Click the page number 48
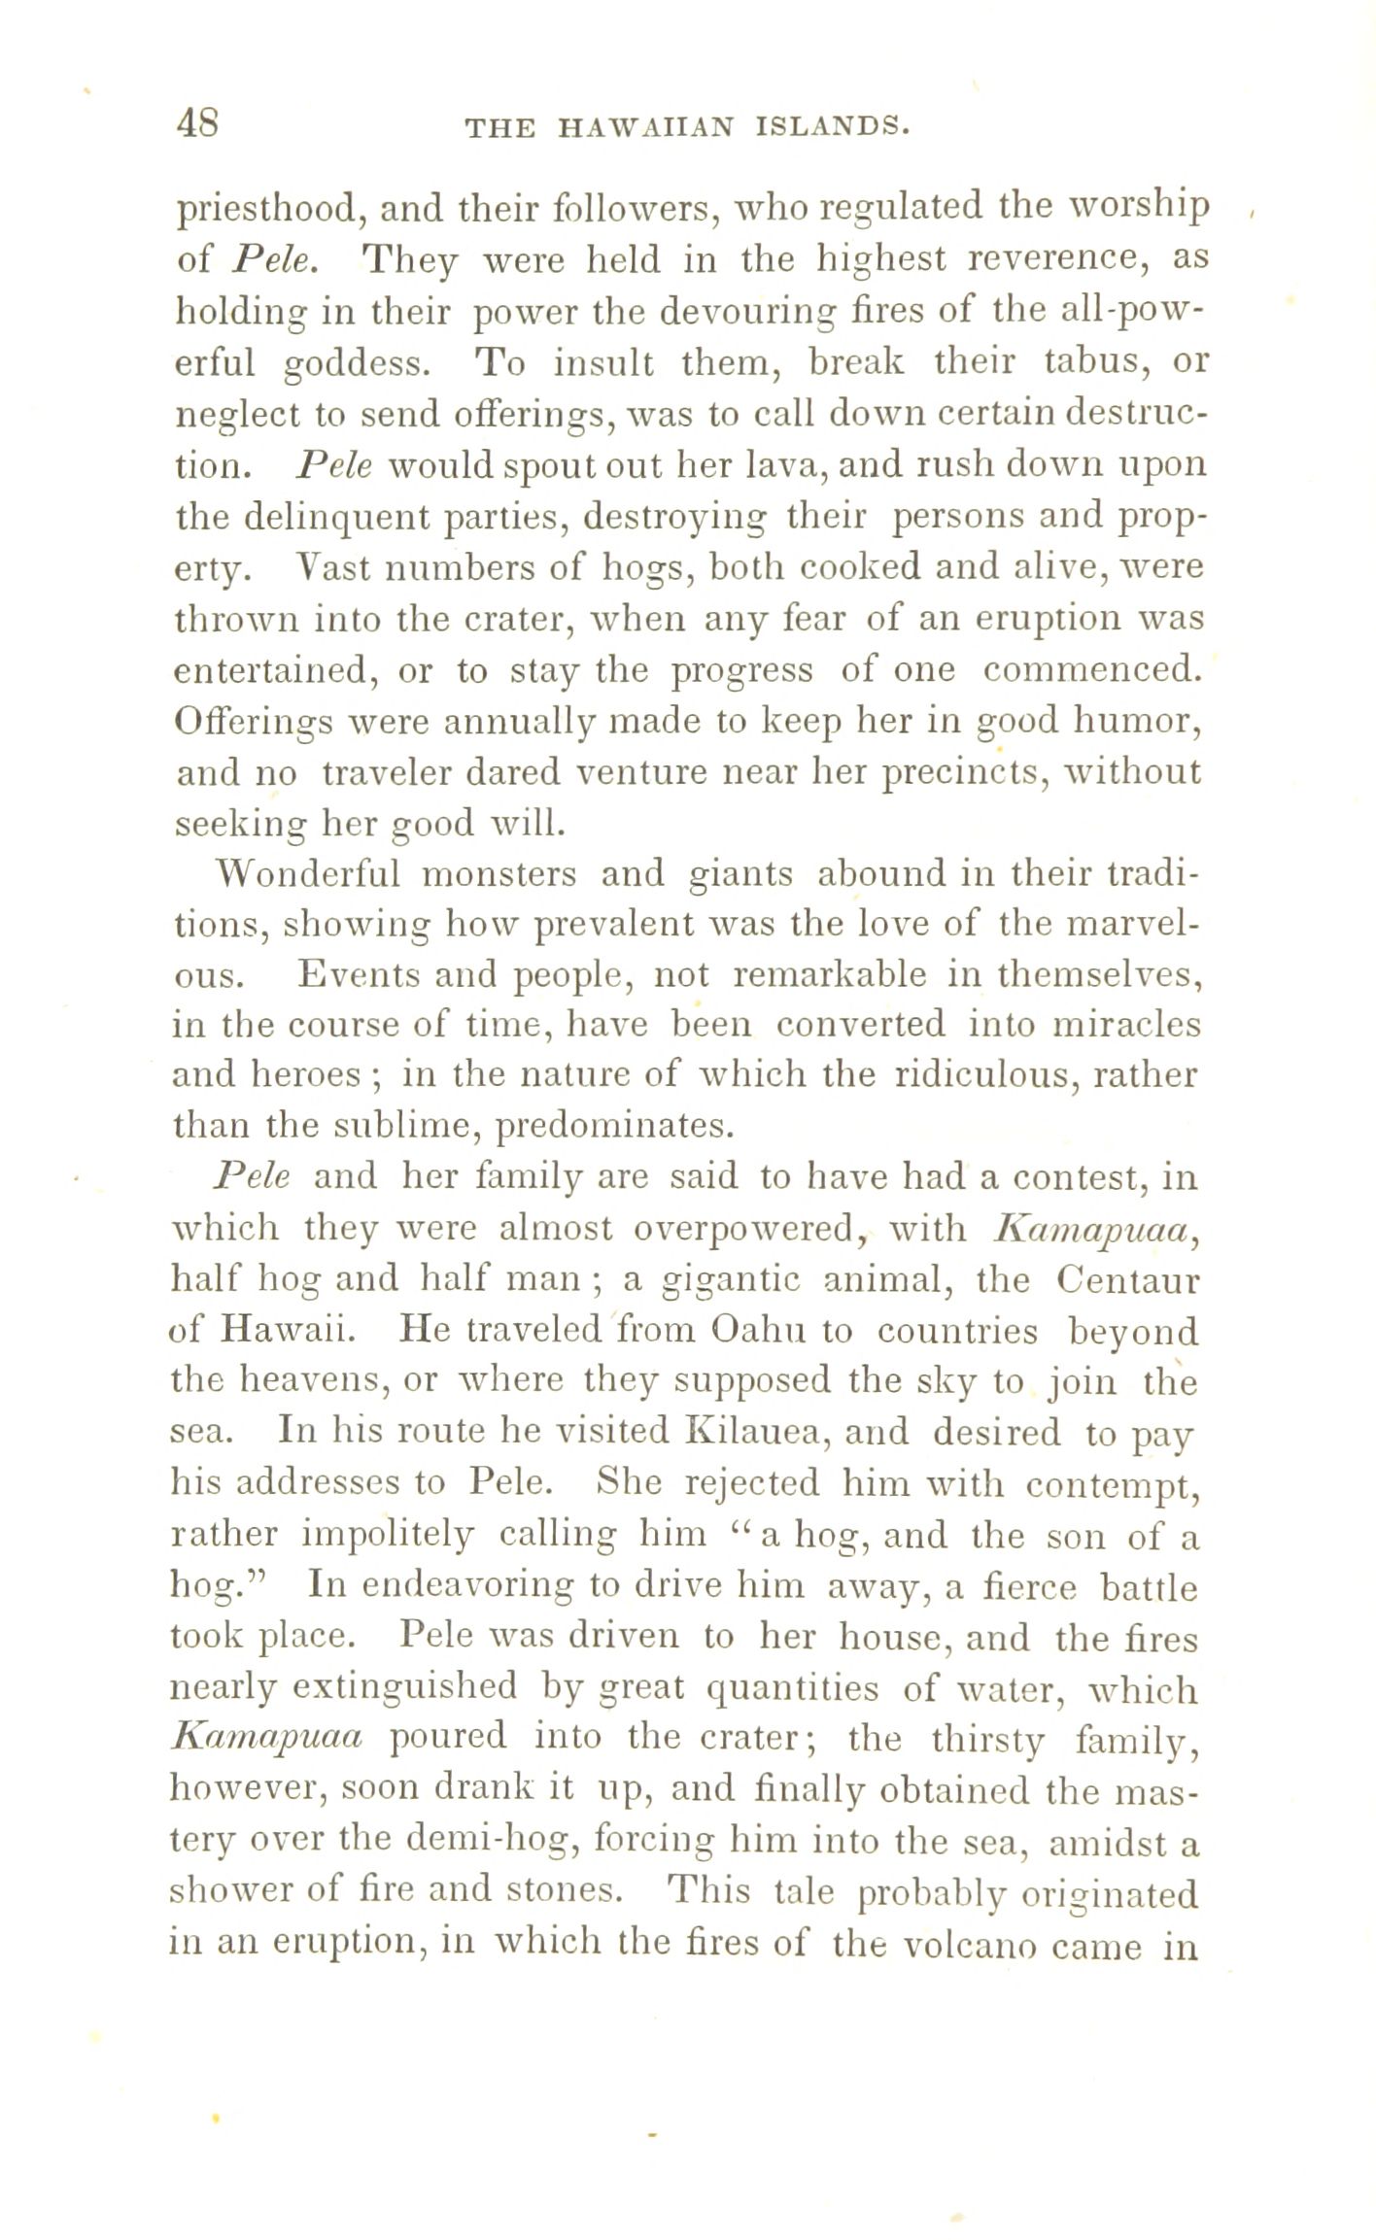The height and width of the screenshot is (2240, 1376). click(198, 124)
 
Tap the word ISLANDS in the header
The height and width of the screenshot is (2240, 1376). click(832, 127)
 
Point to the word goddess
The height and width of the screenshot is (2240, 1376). click(355, 364)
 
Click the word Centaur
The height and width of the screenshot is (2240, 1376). click(1127, 1280)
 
